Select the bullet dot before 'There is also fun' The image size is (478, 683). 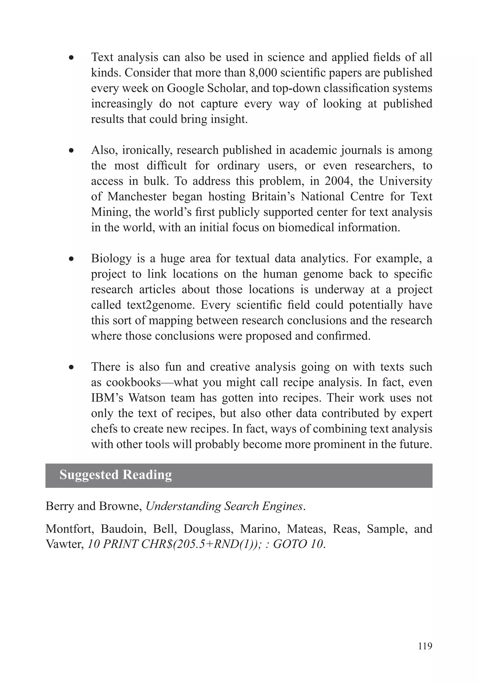pyautogui.click(x=71, y=368)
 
